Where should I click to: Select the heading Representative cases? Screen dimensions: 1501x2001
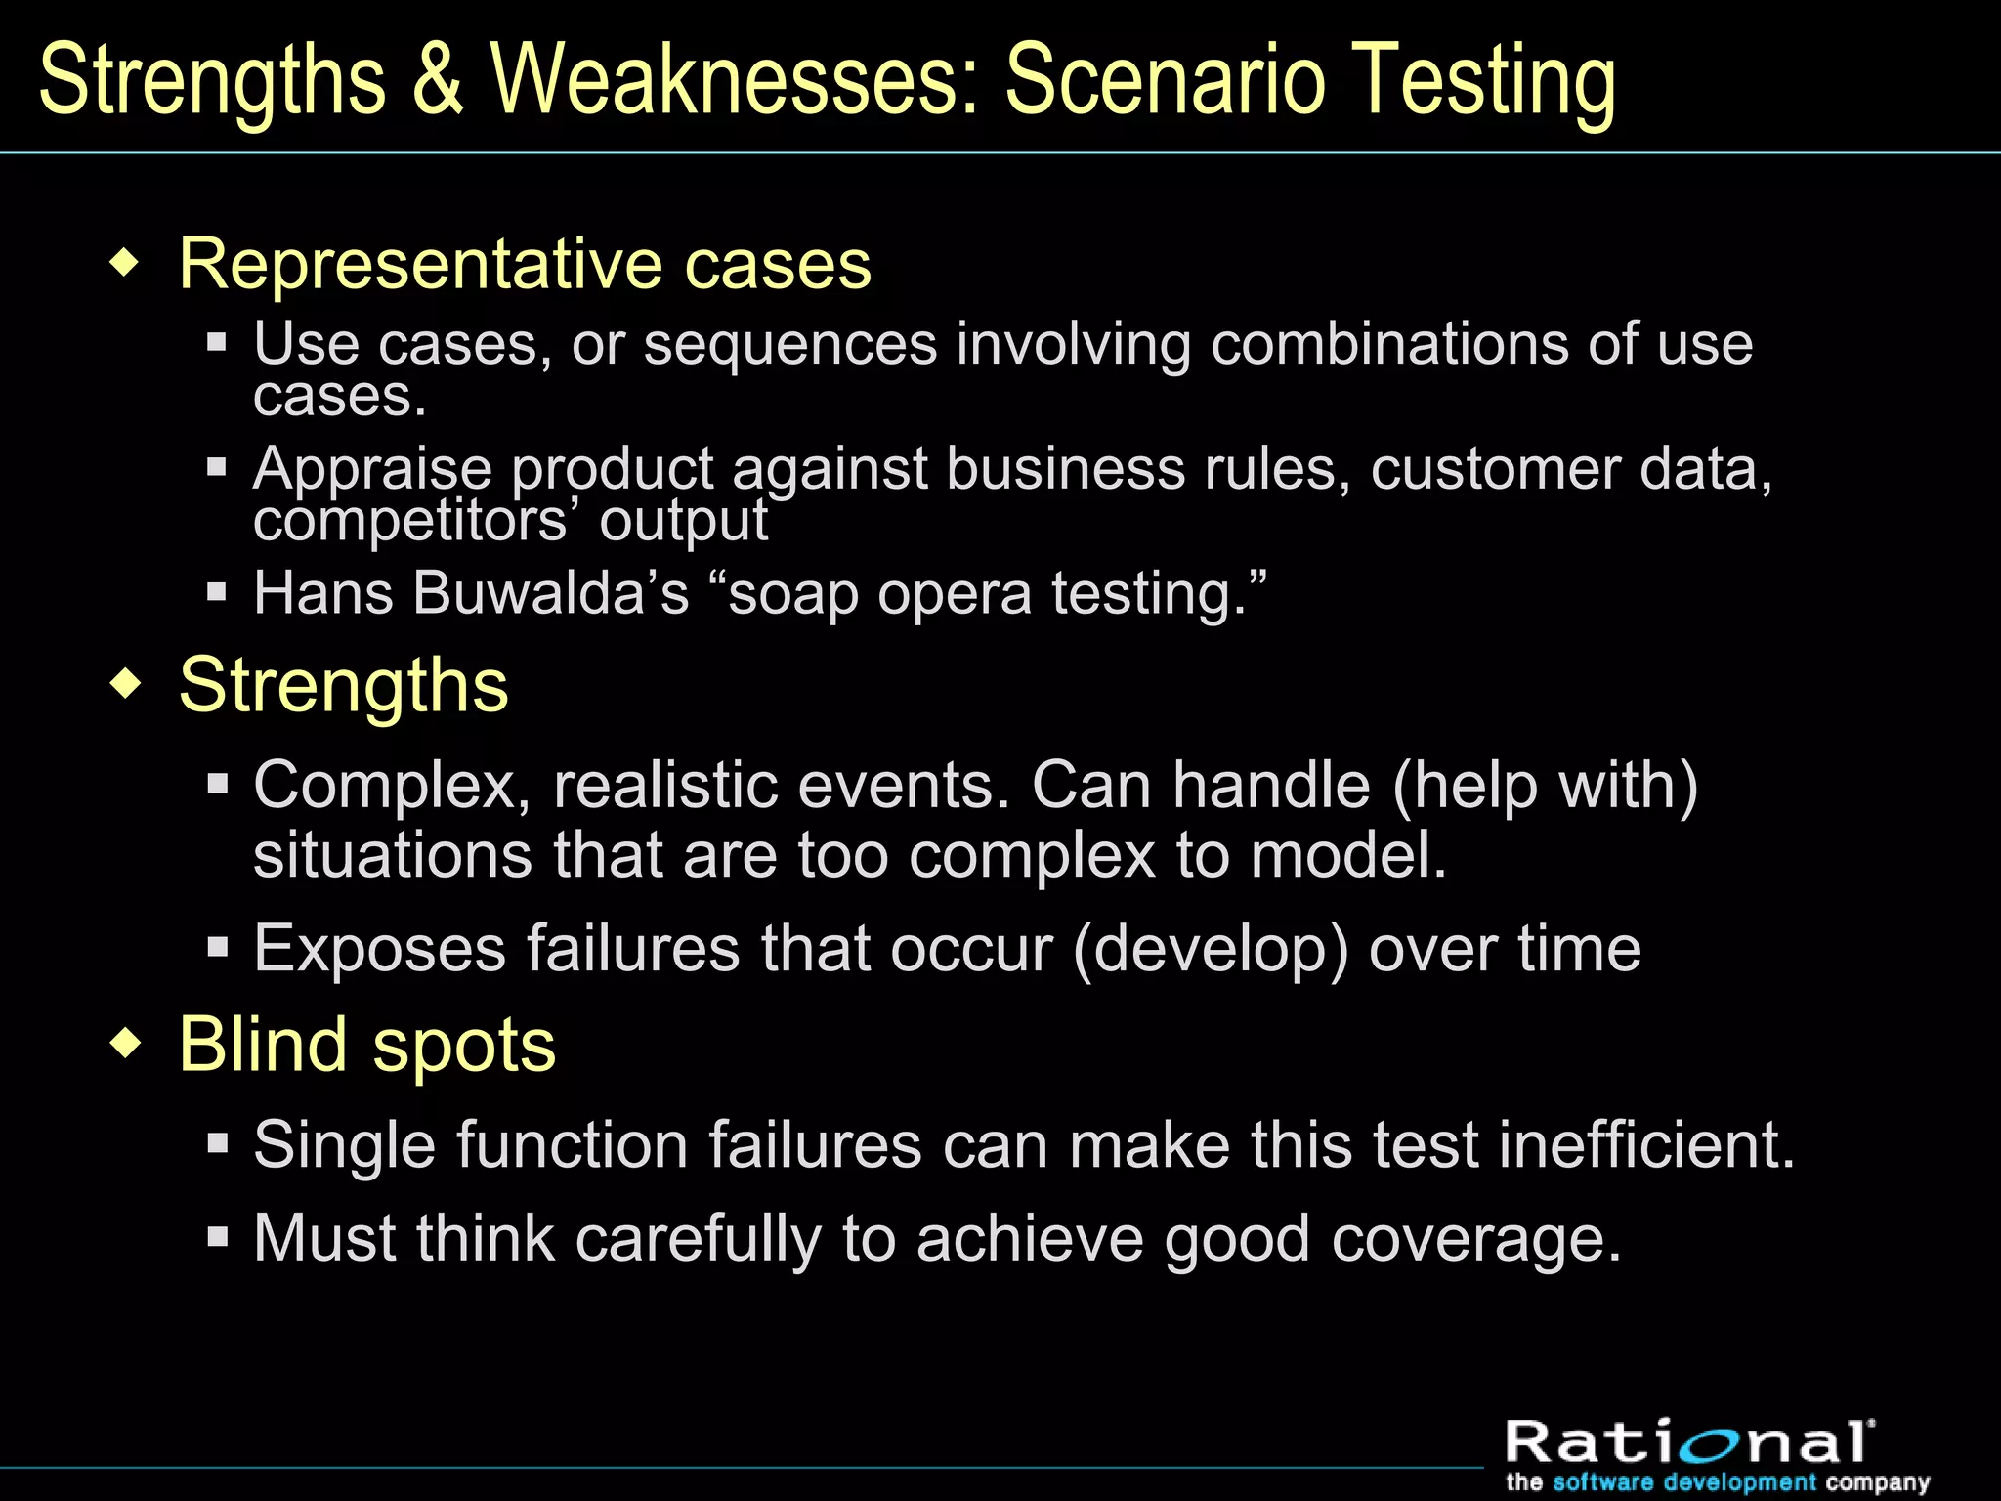[525, 264]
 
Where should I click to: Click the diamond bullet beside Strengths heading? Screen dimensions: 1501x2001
[126, 683]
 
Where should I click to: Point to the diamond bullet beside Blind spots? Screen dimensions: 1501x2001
[126, 1043]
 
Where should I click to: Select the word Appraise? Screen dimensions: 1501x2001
[372, 469]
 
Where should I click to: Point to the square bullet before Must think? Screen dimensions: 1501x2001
[218, 1237]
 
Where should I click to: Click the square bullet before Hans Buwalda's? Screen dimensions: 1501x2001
[217, 591]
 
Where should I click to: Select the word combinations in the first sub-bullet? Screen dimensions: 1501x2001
[1340, 344]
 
